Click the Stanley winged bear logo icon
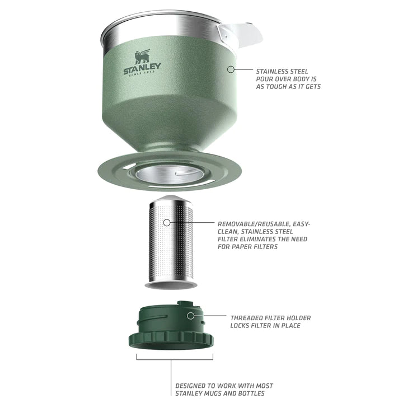[x=142, y=56]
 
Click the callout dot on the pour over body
[x=229, y=69]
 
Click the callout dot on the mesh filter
[x=167, y=223]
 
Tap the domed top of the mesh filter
[x=171, y=200]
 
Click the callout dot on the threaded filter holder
[x=190, y=316]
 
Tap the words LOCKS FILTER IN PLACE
[x=265, y=326]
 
